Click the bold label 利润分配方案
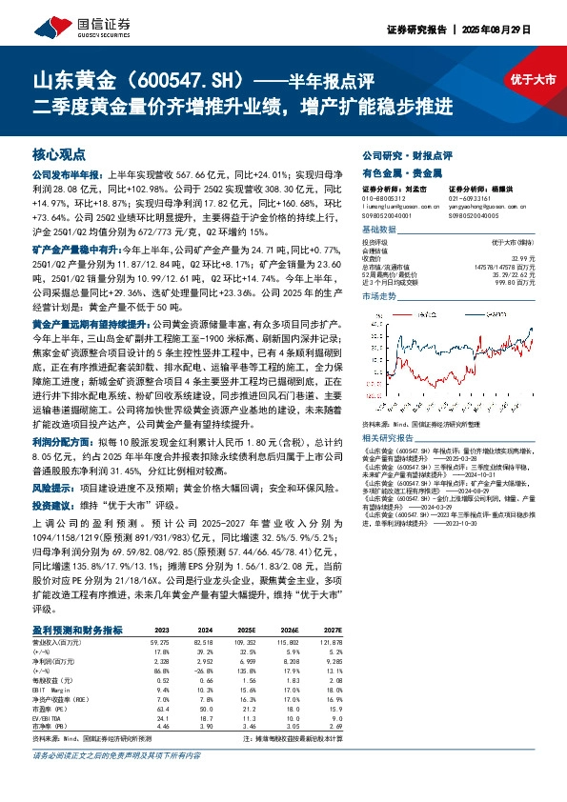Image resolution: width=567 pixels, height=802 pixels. point(59,443)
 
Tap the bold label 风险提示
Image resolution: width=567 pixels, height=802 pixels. point(51,485)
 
